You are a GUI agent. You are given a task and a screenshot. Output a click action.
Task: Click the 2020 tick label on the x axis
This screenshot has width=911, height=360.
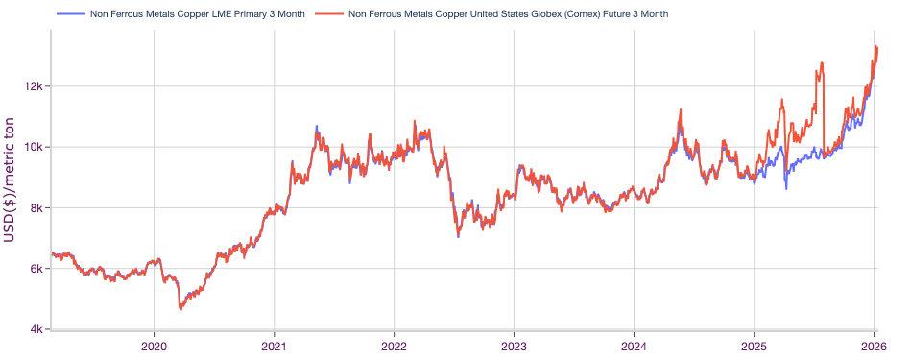click(154, 346)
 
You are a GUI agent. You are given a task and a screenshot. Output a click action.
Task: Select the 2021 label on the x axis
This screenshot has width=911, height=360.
click(274, 346)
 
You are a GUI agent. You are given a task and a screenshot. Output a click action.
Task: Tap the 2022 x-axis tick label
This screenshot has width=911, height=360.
click(394, 346)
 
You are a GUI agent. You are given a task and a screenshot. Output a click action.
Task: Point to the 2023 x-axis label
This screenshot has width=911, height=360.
click(514, 346)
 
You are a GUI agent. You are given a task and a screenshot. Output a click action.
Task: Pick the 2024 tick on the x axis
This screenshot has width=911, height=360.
click(634, 346)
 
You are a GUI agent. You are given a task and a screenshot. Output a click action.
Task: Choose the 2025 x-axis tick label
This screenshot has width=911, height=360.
click(754, 346)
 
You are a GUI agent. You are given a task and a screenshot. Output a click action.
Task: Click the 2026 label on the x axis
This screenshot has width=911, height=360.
click(873, 346)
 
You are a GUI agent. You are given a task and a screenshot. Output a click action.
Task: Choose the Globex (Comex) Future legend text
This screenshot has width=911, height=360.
click(508, 14)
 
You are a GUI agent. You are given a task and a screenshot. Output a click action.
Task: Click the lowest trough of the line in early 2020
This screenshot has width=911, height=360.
click(180, 308)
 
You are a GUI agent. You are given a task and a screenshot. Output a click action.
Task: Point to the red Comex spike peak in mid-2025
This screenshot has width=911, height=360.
click(822, 63)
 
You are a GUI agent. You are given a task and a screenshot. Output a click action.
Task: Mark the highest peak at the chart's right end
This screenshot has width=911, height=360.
click(875, 46)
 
